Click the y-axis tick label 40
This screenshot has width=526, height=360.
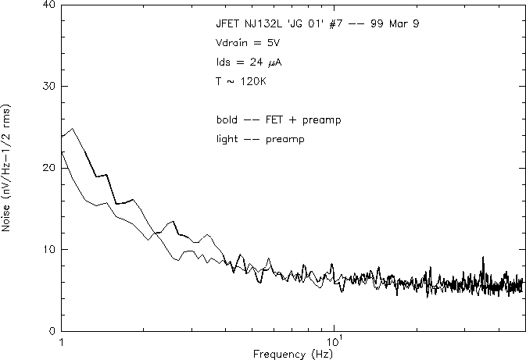(x=48, y=5)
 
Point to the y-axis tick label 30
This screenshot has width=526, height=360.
(x=48, y=87)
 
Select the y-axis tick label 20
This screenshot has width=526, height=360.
(x=48, y=168)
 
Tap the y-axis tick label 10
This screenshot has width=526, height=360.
(x=48, y=249)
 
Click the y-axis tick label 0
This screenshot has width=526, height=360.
(x=51, y=330)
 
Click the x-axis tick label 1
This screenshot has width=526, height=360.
(x=61, y=342)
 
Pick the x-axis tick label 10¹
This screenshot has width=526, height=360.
(x=334, y=341)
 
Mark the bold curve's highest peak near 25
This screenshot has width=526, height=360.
(x=73, y=129)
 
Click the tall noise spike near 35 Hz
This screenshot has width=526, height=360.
(x=482, y=258)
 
